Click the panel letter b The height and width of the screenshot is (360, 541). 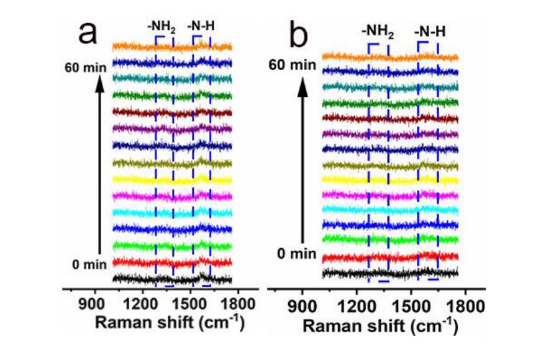coord(298,36)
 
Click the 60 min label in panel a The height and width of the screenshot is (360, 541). coord(85,67)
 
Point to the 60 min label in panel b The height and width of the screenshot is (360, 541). coord(296,64)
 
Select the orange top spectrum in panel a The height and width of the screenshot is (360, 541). coord(171,47)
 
